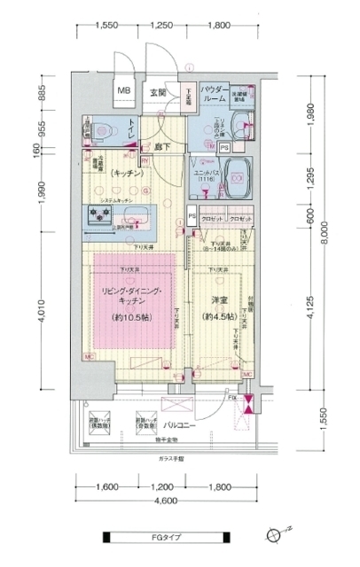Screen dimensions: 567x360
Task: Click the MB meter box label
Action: pyautogui.click(x=125, y=90)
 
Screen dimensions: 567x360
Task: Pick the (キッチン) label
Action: pyautogui.click(x=128, y=175)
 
